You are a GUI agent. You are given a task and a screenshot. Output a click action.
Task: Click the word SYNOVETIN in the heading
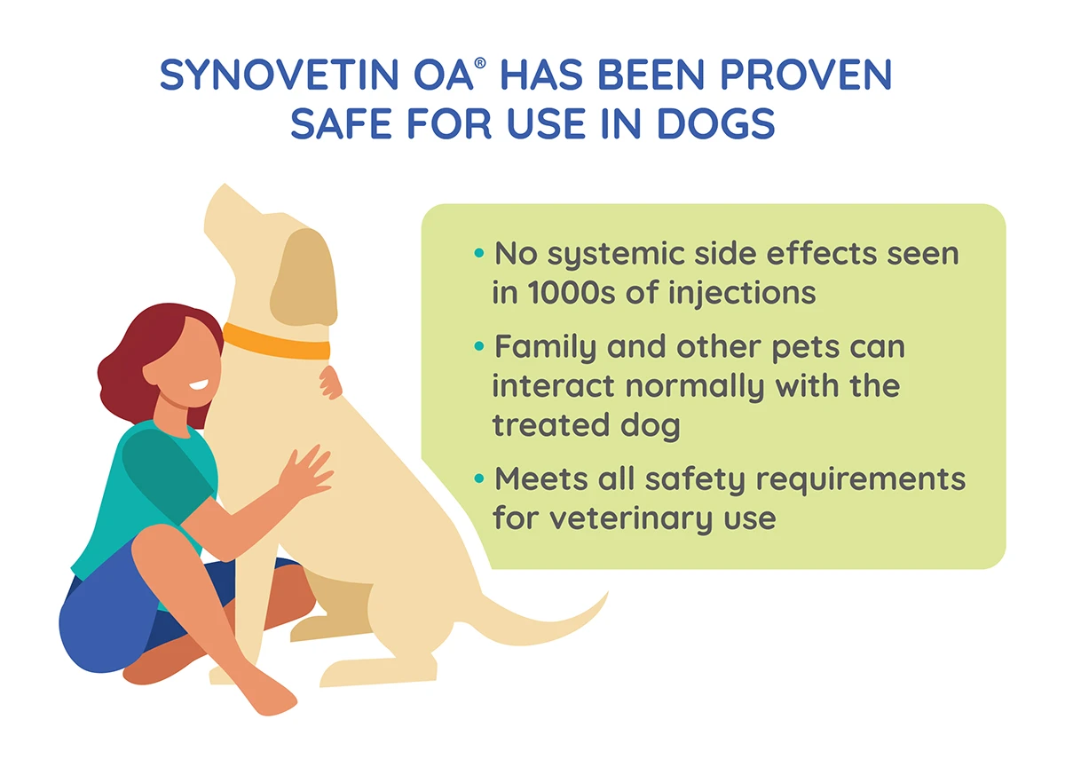click(279, 75)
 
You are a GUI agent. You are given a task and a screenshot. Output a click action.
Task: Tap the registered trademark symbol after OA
click(480, 63)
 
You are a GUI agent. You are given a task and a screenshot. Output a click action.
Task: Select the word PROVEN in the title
click(806, 75)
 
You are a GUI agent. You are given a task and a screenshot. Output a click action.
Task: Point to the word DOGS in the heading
click(715, 123)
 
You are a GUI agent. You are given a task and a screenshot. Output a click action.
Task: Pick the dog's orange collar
click(276, 342)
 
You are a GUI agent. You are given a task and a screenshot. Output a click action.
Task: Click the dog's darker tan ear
click(304, 278)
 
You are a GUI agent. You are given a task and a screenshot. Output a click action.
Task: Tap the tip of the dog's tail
click(608, 592)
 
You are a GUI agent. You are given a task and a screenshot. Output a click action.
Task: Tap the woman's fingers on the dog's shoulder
click(330, 382)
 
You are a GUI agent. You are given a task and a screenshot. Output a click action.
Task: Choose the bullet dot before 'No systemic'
click(478, 252)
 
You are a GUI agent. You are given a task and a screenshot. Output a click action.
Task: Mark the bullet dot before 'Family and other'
click(478, 346)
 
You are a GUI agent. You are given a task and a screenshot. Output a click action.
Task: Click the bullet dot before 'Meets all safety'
click(478, 478)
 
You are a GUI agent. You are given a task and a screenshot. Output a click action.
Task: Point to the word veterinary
click(631, 519)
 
